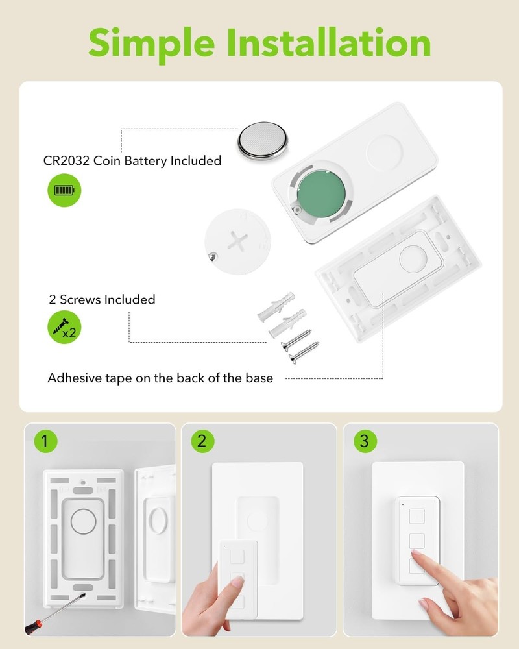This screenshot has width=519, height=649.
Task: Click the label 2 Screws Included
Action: (x=102, y=300)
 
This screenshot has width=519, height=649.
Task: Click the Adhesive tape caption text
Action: (x=160, y=378)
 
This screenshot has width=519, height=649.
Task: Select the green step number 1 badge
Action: (x=44, y=442)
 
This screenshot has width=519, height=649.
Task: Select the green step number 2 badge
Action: (x=201, y=442)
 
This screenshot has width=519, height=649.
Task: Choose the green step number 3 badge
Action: (x=364, y=442)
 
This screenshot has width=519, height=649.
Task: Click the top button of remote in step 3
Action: (x=416, y=516)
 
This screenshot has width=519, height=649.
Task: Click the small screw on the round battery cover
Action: (x=211, y=257)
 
